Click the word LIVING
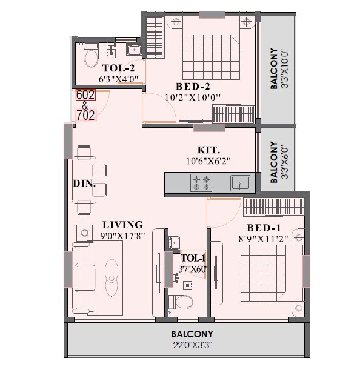pyautogui.click(x=122, y=224)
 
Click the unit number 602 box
pyautogui.click(x=84, y=94)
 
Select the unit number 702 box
pyautogui.click(x=84, y=115)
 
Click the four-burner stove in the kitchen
pyautogui.click(x=201, y=182)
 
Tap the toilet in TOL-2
pyautogui.click(x=92, y=58)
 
